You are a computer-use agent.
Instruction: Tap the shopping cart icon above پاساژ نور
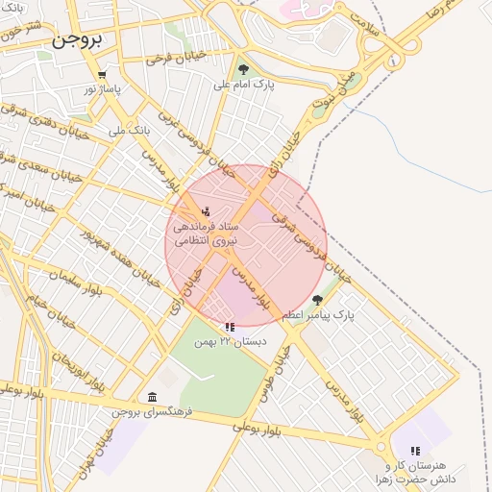pos(102,75)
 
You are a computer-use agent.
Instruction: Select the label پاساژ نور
pos(103,89)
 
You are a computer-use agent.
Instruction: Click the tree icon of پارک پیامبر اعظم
pos(318,300)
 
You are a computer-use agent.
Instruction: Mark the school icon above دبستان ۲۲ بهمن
pos(229,327)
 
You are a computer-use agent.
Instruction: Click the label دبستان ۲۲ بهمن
pos(229,341)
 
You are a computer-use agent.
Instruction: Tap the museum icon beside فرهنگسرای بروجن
pos(152,397)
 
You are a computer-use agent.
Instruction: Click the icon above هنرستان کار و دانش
pos(415,450)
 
